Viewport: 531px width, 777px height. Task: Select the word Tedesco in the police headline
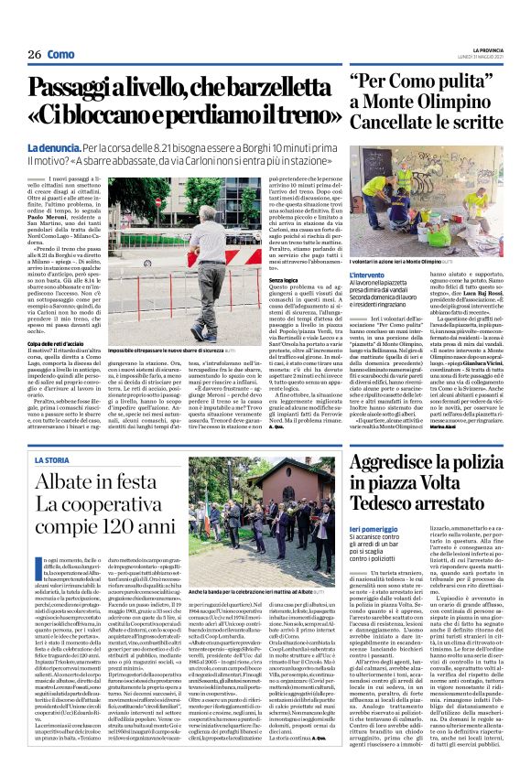tap(386, 502)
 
